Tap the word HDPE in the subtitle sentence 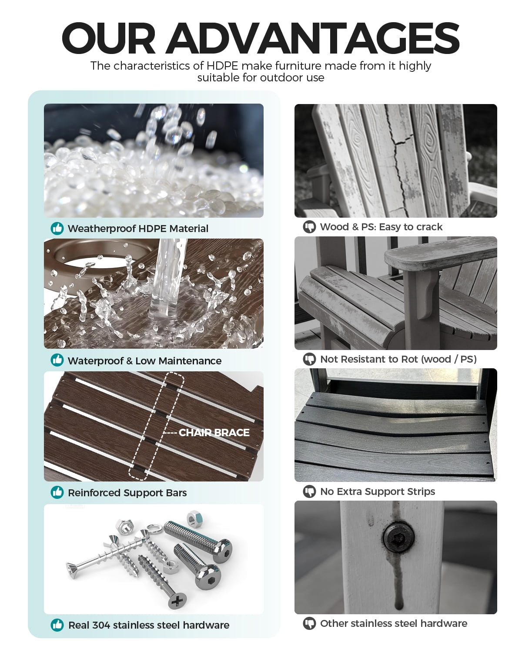222,66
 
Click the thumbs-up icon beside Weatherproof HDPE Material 57,228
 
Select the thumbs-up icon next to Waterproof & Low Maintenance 57,360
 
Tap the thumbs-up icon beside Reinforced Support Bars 57,492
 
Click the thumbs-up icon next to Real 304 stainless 57,625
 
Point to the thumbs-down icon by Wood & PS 309,227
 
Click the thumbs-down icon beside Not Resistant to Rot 309,359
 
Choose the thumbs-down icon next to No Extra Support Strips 309,491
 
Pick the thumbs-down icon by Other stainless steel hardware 309,623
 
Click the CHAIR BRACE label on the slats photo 214,432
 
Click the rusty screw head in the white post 398,538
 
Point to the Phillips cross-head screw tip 177,600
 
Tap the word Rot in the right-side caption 409,359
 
